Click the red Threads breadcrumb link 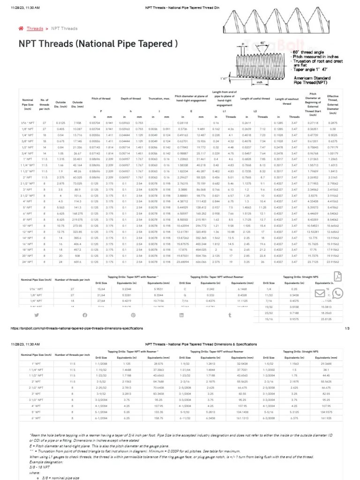click(35, 29)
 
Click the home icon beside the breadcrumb click(21, 29)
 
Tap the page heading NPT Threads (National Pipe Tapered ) click(98, 44)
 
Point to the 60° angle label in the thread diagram click(263, 43)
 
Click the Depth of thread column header click(131, 98)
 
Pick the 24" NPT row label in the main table click(27, 262)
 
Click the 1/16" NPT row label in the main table click(27, 123)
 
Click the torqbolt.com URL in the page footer click(76, 328)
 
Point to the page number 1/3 click(347, 328)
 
